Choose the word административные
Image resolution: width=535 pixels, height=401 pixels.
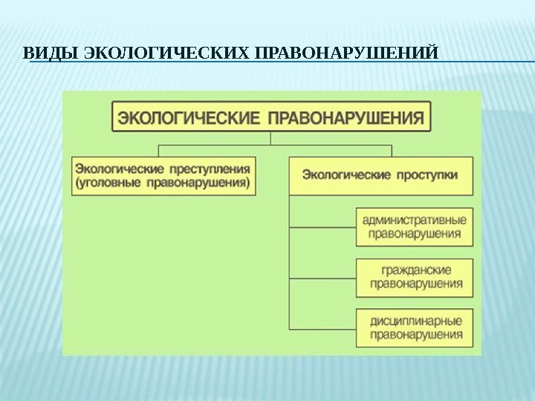(x=415, y=220)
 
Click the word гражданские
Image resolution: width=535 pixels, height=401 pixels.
(x=415, y=270)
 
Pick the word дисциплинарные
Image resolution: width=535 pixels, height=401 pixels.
(x=415, y=320)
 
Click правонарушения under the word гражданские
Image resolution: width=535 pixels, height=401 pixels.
(x=415, y=284)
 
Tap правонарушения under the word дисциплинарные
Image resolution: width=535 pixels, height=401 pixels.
(x=415, y=334)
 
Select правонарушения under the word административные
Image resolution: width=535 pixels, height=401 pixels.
(x=415, y=234)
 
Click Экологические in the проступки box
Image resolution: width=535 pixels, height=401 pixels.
(x=346, y=175)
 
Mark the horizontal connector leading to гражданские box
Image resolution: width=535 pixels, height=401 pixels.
(x=322, y=278)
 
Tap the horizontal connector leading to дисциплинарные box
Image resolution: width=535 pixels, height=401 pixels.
(x=322, y=328)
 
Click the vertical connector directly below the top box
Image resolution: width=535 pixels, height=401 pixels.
(x=271, y=138)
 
